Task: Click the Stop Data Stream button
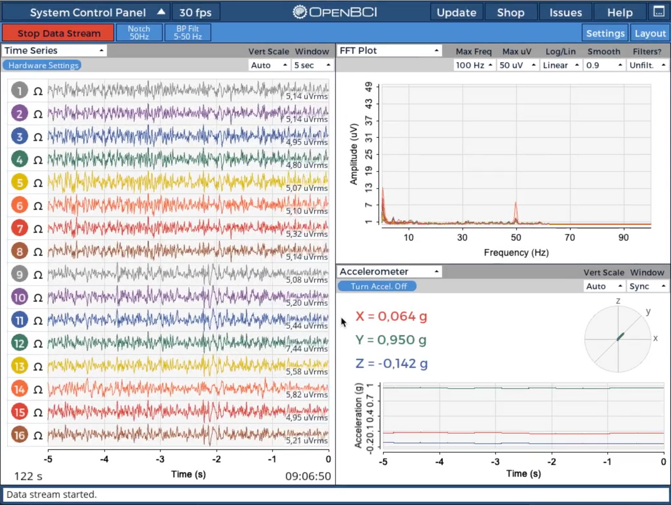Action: tap(58, 33)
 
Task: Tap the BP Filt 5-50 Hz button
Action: tap(188, 33)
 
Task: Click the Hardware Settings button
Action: tap(43, 65)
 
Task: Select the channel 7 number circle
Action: tap(19, 228)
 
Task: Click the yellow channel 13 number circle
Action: tap(19, 366)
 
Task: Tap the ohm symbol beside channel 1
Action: tap(38, 91)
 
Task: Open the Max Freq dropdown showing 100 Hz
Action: tap(474, 65)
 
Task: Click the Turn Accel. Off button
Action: tap(378, 286)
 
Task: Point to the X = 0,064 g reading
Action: tap(391, 317)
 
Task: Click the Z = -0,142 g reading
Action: tap(391, 363)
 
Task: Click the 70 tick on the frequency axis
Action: tap(569, 238)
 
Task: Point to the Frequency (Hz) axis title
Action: tap(516, 253)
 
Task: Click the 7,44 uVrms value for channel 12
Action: tap(307, 348)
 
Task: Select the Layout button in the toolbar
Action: tap(650, 33)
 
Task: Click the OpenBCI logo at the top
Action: tap(335, 12)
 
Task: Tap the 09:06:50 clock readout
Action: tap(308, 476)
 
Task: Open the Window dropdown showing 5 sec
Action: tap(312, 65)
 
